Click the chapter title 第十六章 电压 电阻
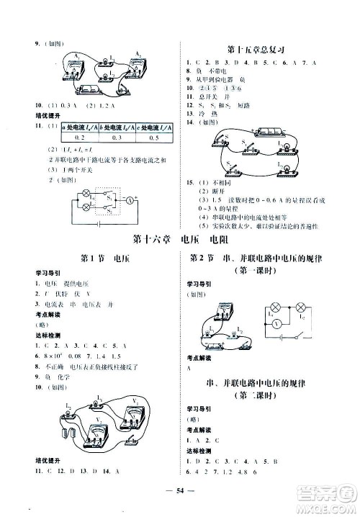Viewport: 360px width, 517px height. [x=180, y=240]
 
